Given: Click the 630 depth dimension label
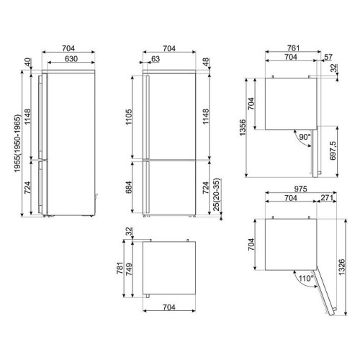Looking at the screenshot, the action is click(x=71, y=59).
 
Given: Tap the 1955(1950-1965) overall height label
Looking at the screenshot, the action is click(x=18, y=143).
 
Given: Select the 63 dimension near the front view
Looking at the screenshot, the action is click(x=156, y=59).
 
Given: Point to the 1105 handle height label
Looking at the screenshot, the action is click(x=129, y=117).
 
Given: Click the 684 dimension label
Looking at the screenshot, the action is click(x=129, y=187).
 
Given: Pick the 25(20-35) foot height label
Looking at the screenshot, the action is click(x=217, y=194).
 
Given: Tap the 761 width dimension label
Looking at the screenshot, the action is click(x=293, y=48).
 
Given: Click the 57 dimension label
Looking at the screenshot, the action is click(x=328, y=57).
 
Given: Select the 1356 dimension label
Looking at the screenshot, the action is click(x=243, y=127).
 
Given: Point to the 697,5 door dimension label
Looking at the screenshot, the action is click(x=333, y=150).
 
